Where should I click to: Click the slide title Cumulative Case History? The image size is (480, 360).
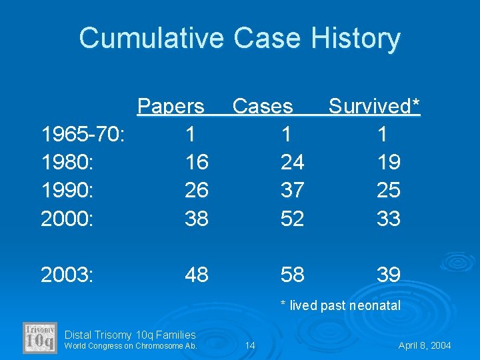(239, 38)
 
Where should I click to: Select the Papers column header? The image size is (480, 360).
(171, 107)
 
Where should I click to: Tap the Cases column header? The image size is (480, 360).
(262, 107)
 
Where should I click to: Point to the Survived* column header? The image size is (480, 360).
(375, 107)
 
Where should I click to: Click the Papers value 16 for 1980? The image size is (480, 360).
(196, 162)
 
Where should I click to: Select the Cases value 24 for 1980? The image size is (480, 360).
(293, 162)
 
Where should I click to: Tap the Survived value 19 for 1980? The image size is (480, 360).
(388, 162)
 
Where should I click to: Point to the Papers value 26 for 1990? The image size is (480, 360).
(196, 190)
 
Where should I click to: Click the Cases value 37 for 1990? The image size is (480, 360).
(293, 190)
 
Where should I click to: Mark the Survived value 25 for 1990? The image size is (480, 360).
(388, 190)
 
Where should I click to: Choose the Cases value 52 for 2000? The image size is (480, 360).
(293, 218)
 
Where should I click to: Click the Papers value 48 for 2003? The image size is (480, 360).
(196, 275)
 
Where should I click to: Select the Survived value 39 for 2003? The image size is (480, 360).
(388, 275)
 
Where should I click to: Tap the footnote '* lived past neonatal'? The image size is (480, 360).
(341, 306)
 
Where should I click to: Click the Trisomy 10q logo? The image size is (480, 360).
(40, 337)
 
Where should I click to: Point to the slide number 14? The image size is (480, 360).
(250, 345)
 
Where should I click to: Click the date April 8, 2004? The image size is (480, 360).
(425, 345)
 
